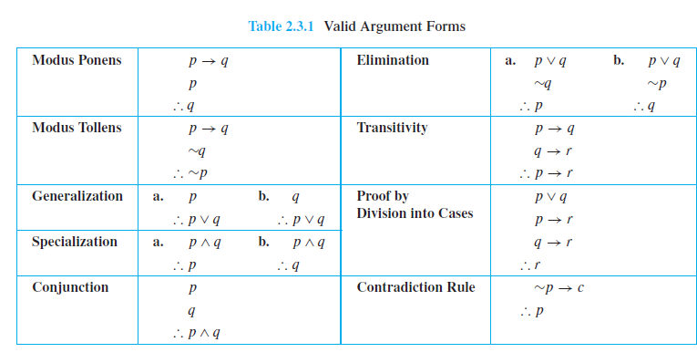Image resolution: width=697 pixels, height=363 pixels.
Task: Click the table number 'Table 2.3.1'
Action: [x=282, y=26]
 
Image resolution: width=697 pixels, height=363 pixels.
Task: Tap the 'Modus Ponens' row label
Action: [x=77, y=60]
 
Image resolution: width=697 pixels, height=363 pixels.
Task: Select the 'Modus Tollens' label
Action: [x=77, y=128]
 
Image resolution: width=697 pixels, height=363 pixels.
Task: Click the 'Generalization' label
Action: [x=77, y=196]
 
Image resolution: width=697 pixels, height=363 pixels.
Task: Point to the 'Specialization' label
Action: [x=75, y=242]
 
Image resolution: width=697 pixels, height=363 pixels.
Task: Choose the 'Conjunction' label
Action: [x=70, y=287]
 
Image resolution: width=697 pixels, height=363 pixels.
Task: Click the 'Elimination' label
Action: [x=393, y=60]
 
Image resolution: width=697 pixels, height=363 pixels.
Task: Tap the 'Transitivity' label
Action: [x=392, y=128]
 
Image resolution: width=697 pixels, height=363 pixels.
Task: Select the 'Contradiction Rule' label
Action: [x=415, y=287]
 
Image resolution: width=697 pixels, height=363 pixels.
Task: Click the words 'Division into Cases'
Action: [x=415, y=214]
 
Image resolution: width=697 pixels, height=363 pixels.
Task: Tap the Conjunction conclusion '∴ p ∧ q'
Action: [x=195, y=333]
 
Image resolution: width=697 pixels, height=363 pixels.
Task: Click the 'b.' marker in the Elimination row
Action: [x=619, y=60]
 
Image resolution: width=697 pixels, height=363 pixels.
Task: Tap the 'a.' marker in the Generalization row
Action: [x=158, y=196]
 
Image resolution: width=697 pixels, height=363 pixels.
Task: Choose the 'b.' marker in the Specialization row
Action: [x=263, y=243]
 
